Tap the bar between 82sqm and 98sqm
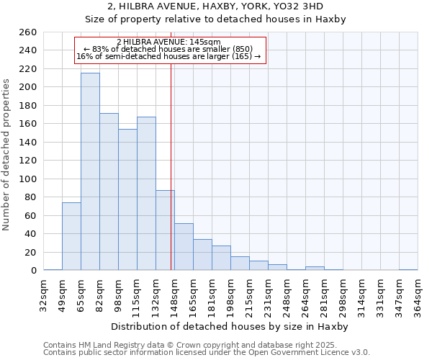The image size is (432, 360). tap(109, 192)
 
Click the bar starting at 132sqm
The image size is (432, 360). tap(165, 230)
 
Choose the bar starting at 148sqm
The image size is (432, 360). tap(184, 247)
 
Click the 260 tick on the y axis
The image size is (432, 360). tap(28, 32)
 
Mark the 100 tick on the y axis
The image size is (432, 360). tap(28, 179)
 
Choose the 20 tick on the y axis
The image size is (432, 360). tap(31, 252)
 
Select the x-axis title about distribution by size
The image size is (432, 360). tap(230, 326)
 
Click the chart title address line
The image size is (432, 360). tap(215, 6)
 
